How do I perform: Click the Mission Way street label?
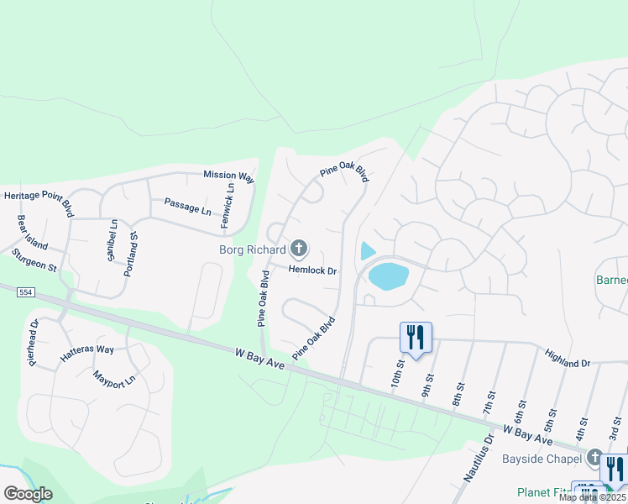pos(228,176)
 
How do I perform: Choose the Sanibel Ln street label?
pos(113,239)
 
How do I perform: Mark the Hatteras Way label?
pos(86,354)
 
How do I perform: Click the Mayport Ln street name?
pos(114,379)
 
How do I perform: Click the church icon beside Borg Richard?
pos(298,249)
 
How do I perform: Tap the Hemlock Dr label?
pos(312,270)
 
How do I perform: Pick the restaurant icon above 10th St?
pos(416,337)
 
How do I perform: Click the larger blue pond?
pos(388,275)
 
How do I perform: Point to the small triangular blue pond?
pos(367,250)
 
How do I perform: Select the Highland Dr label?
pos(568,360)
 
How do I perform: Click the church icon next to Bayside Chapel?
pos(595,458)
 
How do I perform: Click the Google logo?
pos(28,494)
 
